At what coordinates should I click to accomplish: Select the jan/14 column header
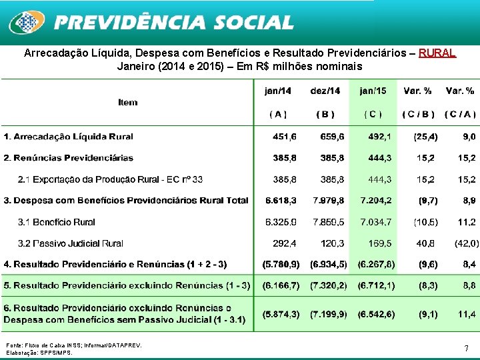278,91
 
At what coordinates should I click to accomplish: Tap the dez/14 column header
325,91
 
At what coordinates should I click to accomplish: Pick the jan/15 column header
373,91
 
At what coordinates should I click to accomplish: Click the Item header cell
127,102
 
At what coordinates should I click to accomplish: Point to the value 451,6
285,137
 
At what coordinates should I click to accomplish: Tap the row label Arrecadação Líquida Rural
68,137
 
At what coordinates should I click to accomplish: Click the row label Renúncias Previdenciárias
68,158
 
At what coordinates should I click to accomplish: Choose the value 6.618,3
281,200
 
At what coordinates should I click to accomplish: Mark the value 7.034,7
376,221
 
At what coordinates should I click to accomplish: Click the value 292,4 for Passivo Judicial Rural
285,243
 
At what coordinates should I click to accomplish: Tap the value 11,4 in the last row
467,313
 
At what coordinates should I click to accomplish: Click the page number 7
466,348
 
